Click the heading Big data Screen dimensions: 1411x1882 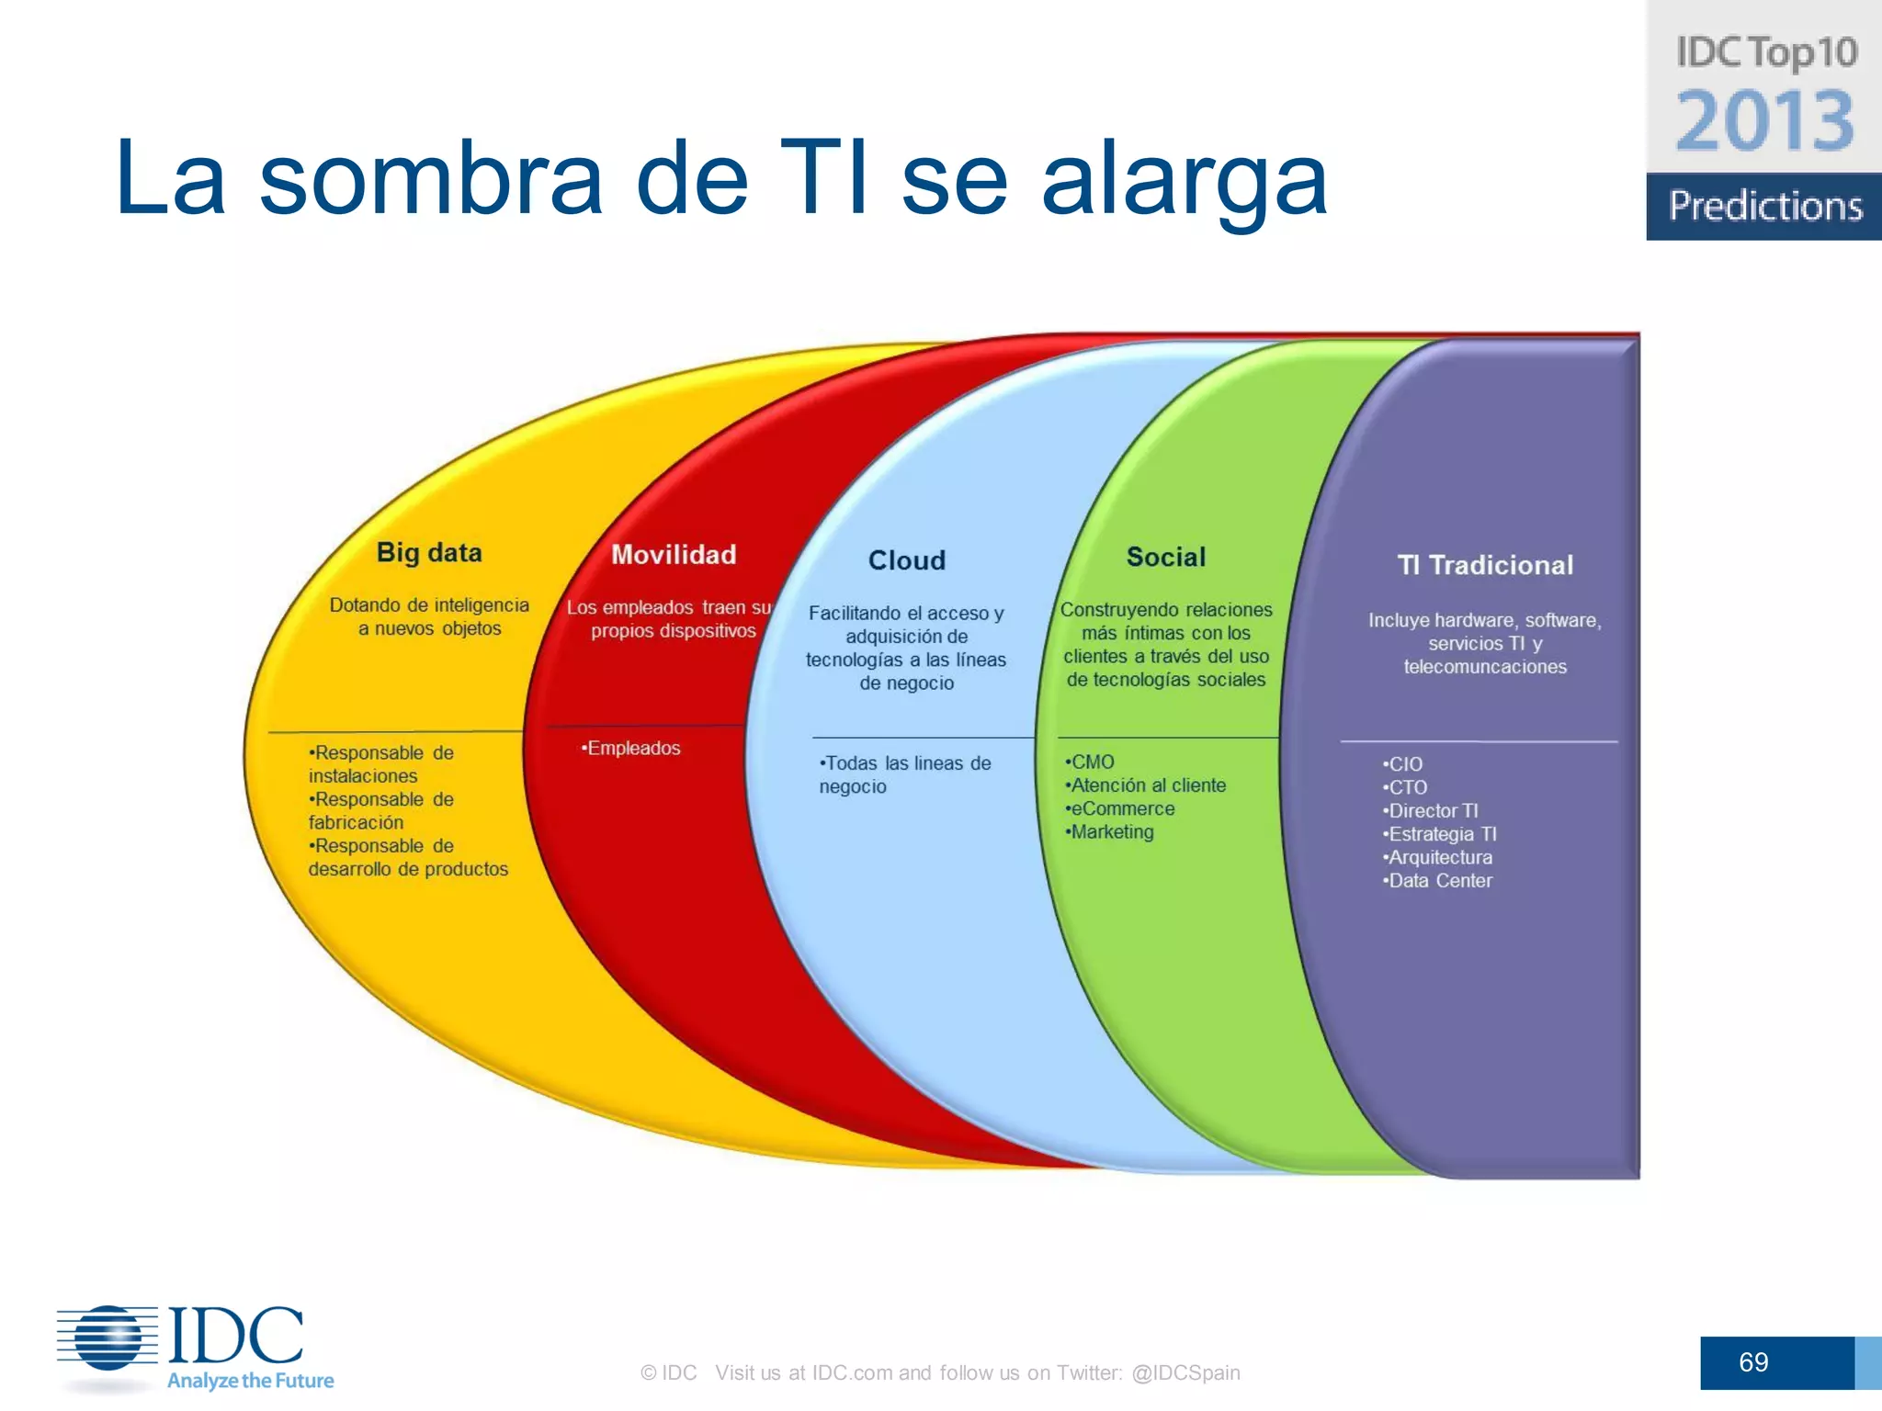pos(429,553)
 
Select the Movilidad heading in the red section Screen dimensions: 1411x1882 pos(674,555)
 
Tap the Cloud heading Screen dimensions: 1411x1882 pos(906,560)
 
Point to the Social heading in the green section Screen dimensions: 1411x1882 pos(1165,557)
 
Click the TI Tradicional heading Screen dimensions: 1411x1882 pos(1484,565)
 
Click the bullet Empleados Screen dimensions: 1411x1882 pos(631,749)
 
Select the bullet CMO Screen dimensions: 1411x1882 pos(1091,762)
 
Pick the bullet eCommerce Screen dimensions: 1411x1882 pos(1121,809)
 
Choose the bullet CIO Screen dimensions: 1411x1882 pos(1403,764)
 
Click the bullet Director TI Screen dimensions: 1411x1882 pos(1431,811)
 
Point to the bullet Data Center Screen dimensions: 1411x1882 pos(1438,881)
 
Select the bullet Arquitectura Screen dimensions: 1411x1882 pos(1438,858)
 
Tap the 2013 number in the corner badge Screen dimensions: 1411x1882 pos(1764,121)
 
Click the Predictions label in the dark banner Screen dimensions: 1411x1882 pos(1764,206)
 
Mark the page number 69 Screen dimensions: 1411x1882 pos(1753,1362)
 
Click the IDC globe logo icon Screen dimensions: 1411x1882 pos(108,1338)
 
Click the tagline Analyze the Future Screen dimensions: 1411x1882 pos(250,1381)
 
